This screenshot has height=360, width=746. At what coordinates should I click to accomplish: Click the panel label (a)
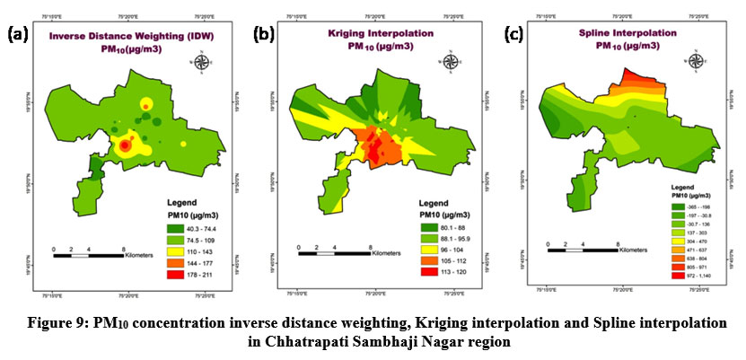(x=20, y=35)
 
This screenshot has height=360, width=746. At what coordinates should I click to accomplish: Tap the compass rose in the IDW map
(x=205, y=63)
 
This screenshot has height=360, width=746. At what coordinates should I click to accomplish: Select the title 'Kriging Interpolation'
(x=370, y=32)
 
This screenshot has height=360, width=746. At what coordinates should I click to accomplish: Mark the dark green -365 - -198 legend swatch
(x=680, y=206)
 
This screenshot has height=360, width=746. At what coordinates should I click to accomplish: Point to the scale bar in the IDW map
(x=88, y=254)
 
